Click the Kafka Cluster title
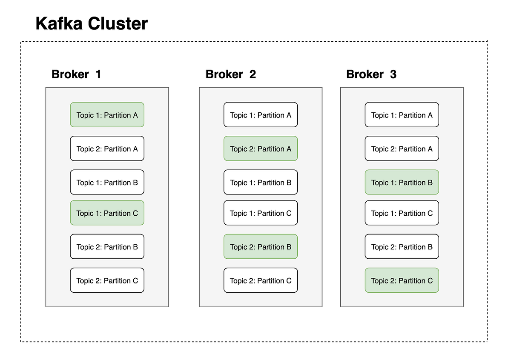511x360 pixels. click(92, 23)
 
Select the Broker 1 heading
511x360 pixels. click(76, 74)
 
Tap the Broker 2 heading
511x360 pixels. click(230, 74)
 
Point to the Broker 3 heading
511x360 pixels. click(371, 74)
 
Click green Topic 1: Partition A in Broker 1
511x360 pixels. click(107, 115)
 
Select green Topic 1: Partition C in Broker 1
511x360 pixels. click(107, 213)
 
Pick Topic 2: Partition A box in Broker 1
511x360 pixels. click(107, 149)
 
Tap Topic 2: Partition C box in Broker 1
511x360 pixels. click(107, 280)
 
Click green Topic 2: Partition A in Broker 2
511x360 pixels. click(261, 149)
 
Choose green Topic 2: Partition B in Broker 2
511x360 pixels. click(261, 247)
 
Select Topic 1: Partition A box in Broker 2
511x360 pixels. click(261, 115)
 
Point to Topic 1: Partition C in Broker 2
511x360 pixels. click(261, 213)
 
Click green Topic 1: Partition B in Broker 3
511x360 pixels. click(402, 183)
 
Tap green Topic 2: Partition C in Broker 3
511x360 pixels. click(402, 280)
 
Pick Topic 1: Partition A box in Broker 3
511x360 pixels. click(402, 115)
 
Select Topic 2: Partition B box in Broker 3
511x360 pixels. click(402, 247)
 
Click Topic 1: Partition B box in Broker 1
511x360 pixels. click(107, 183)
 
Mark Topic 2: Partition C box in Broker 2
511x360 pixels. click(261, 280)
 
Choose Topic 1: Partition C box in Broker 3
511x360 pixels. click(402, 213)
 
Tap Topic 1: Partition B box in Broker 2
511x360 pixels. click(261, 183)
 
